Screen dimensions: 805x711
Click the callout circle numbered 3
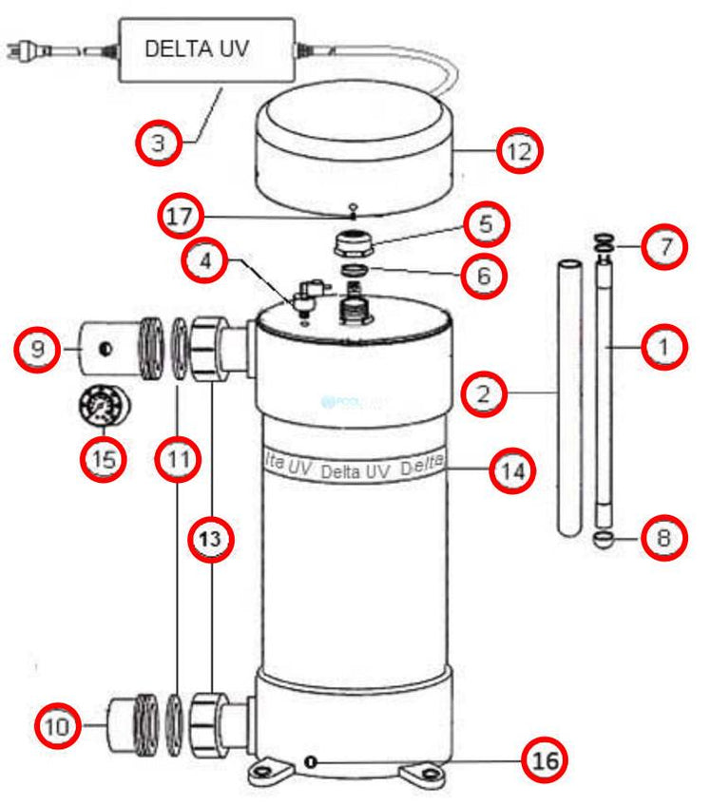pos(158,144)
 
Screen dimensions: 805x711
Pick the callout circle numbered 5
pos(486,225)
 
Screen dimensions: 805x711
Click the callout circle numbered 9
pos(37,349)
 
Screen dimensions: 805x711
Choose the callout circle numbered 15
pos(104,458)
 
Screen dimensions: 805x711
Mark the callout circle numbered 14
pos(513,470)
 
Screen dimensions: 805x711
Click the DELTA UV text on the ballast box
pos(197,49)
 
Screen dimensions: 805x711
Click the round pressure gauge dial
pos(104,410)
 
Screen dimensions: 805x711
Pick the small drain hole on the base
pos(312,759)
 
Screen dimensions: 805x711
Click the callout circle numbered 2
pos(486,393)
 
